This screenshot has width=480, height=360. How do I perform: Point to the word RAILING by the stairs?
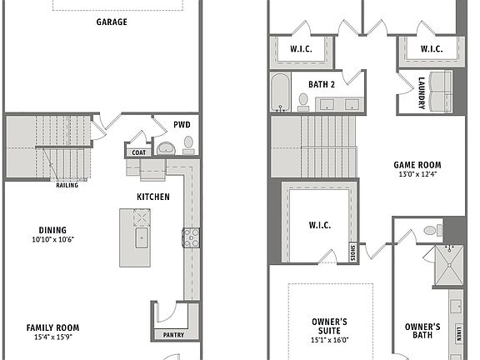[x=67, y=185]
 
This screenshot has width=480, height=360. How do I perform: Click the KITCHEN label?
[x=153, y=197]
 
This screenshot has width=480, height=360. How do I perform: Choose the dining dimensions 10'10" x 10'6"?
[x=52, y=239]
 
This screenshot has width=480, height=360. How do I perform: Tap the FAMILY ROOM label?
[x=52, y=327]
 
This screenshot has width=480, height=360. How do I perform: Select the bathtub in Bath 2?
[x=280, y=91]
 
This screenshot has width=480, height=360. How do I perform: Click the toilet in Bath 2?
[x=304, y=102]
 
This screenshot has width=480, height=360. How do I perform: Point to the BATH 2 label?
[x=321, y=84]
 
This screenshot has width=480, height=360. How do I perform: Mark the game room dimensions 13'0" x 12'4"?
[x=417, y=174]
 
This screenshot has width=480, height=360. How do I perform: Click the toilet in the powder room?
[x=188, y=145]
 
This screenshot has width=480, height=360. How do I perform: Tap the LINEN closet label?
[x=459, y=335]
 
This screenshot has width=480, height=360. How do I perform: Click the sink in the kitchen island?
[x=140, y=240]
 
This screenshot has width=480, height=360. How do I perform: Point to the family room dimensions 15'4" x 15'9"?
[x=52, y=337]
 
